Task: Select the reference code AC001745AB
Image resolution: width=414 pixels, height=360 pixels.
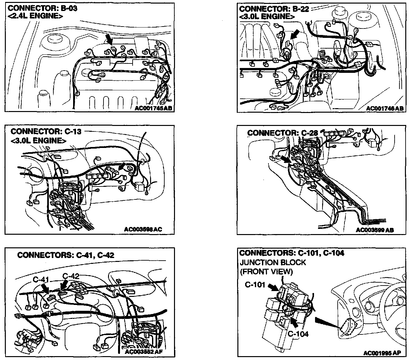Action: (154, 108)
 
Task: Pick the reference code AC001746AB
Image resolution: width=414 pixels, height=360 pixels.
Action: (385, 108)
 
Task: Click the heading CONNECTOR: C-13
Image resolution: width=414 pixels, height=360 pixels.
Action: (46, 131)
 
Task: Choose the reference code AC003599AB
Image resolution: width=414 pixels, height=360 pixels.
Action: (375, 230)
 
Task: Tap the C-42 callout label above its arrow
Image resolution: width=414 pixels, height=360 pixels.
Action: (71, 276)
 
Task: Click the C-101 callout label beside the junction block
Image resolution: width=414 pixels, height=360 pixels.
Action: (255, 285)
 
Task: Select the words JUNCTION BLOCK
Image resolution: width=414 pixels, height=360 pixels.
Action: (273, 262)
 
